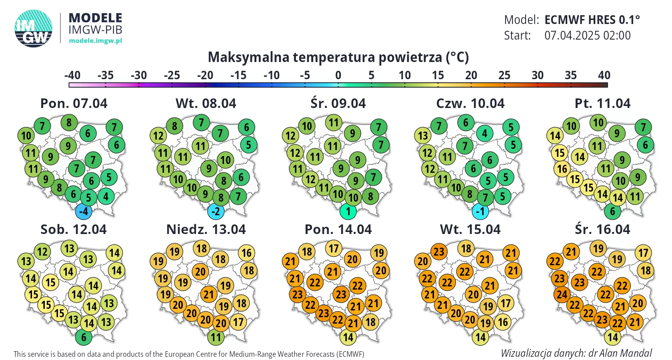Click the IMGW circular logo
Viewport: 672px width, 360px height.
click(33, 28)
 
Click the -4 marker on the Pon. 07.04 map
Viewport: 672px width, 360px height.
click(84, 211)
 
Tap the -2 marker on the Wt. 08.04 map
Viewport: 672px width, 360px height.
click(216, 211)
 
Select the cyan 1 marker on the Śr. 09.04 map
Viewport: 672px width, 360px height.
click(348, 211)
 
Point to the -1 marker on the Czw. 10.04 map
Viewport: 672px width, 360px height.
click(480, 211)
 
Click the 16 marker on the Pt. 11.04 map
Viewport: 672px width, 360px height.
click(562, 169)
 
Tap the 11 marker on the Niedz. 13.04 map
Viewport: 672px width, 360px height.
click(216, 337)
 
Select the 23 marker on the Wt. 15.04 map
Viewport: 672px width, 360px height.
click(439, 252)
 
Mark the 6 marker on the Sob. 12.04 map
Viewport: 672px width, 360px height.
click(84, 337)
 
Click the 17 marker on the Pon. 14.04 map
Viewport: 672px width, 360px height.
click(334, 248)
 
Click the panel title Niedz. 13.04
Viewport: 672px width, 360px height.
click(206, 230)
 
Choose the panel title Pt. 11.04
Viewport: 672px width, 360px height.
click(602, 104)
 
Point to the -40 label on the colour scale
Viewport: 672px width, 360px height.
click(72, 75)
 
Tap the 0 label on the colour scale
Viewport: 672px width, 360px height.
click(338, 75)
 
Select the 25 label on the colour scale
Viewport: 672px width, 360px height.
click(504, 75)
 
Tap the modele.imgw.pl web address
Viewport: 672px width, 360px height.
click(95, 40)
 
